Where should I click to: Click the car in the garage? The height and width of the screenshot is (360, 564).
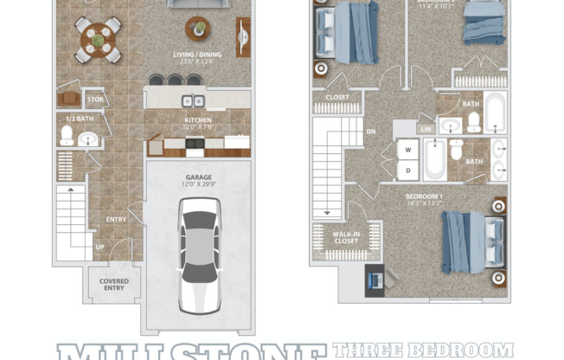[198, 255]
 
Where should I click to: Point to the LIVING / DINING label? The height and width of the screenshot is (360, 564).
[197, 57]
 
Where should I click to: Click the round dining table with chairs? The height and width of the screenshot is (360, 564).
[98, 39]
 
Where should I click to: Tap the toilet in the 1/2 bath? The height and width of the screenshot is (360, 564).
[67, 135]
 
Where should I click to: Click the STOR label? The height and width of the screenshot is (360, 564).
[94, 100]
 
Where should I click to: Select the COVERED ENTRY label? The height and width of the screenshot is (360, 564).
[114, 285]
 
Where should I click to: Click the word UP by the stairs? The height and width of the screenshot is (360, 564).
[100, 247]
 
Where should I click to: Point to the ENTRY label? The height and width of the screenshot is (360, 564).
[116, 220]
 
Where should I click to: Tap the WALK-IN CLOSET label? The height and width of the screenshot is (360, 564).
[346, 236]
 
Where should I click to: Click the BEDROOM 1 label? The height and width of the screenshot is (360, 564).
[424, 198]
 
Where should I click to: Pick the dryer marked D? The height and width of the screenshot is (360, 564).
[407, 170]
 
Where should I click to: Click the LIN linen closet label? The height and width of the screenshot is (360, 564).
[426, 129]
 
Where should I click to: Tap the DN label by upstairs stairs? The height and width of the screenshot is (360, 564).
[370, 132]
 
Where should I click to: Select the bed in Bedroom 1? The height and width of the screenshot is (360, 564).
[472, 241]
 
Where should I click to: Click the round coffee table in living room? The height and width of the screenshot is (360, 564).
[198, 29]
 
